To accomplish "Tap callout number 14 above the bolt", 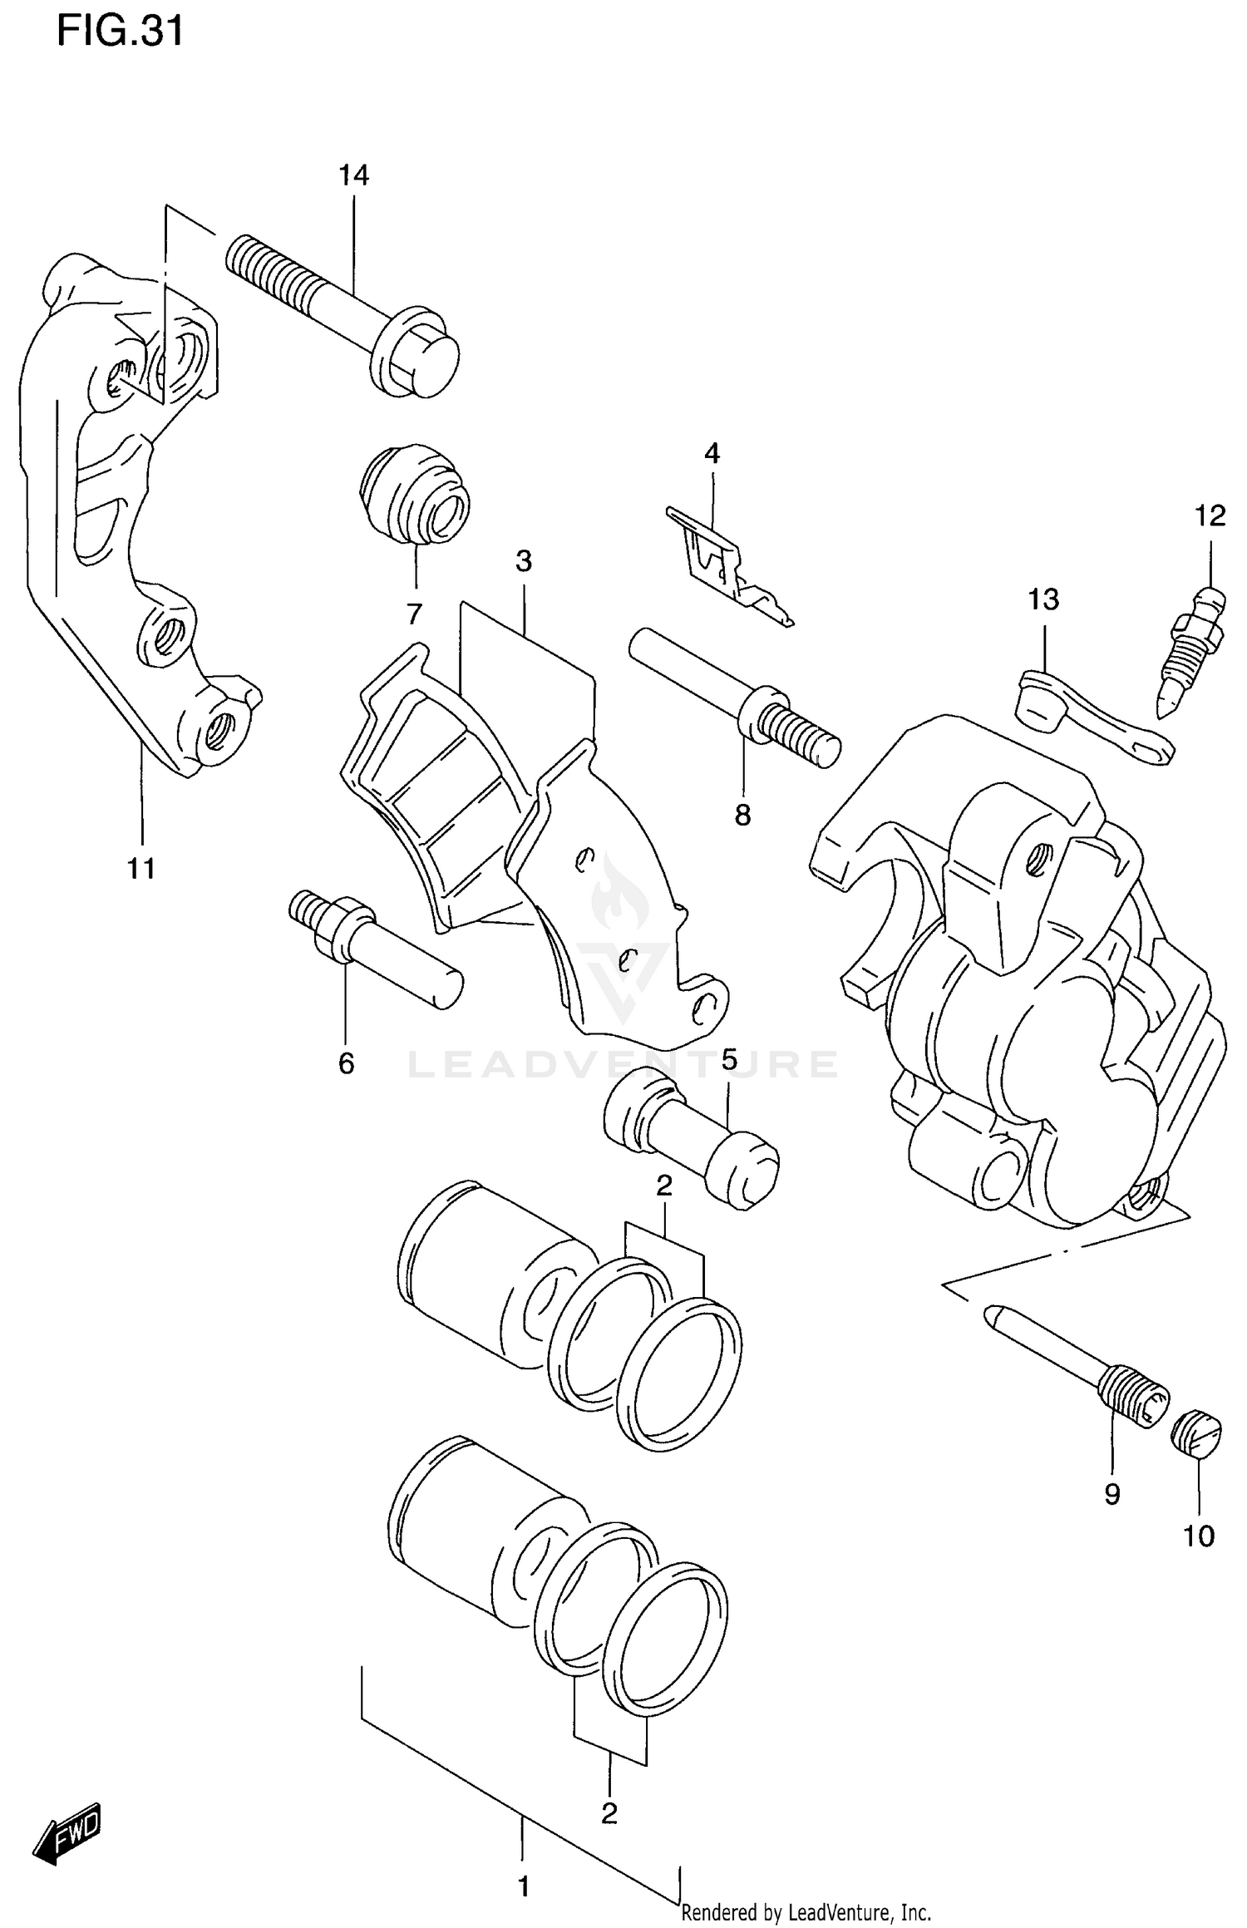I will (353, 175).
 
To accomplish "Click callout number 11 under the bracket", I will (141, 869).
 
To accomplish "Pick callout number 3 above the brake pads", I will (524, 561).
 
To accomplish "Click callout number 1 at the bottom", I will (524, 1887).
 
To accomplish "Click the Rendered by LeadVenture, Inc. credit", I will (806, 1912).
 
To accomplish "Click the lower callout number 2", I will (609, 1812).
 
